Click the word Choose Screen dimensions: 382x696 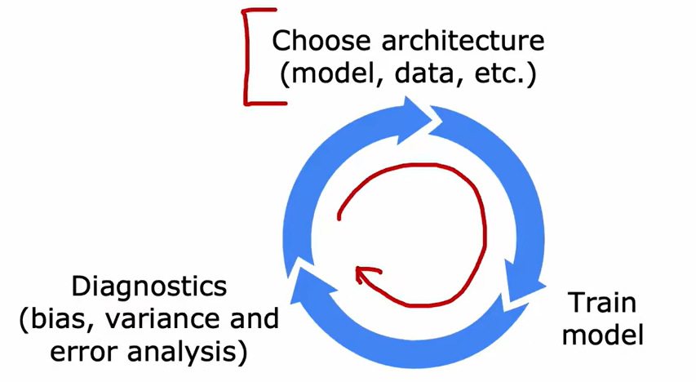pos(317,40)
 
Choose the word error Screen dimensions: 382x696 pos(86,353)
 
